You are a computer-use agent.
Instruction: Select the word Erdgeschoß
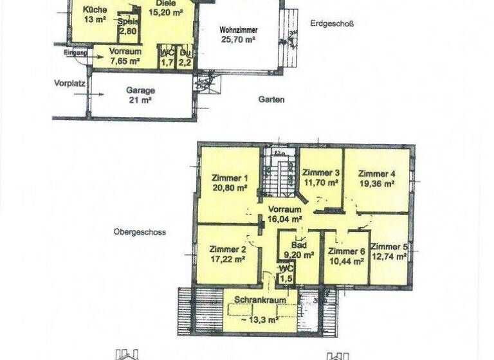(x=331, y=24)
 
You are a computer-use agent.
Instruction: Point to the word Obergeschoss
(x=140, y=232)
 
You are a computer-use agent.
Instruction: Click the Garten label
(x=271, y=100)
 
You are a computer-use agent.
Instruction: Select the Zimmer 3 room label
(x=320, y=173)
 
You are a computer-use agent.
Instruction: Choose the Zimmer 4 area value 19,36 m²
(x=376, y=183)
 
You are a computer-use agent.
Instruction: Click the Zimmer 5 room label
(x=389, y=246)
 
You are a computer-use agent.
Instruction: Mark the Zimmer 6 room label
(x=346, y=251)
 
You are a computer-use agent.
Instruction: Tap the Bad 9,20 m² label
(x=299, y=249)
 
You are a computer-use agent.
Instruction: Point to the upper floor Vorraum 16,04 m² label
(x=284, y=214)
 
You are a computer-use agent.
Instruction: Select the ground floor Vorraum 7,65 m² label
(x=125, y=56)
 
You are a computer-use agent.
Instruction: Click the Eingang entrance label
(x=74, y=53)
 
